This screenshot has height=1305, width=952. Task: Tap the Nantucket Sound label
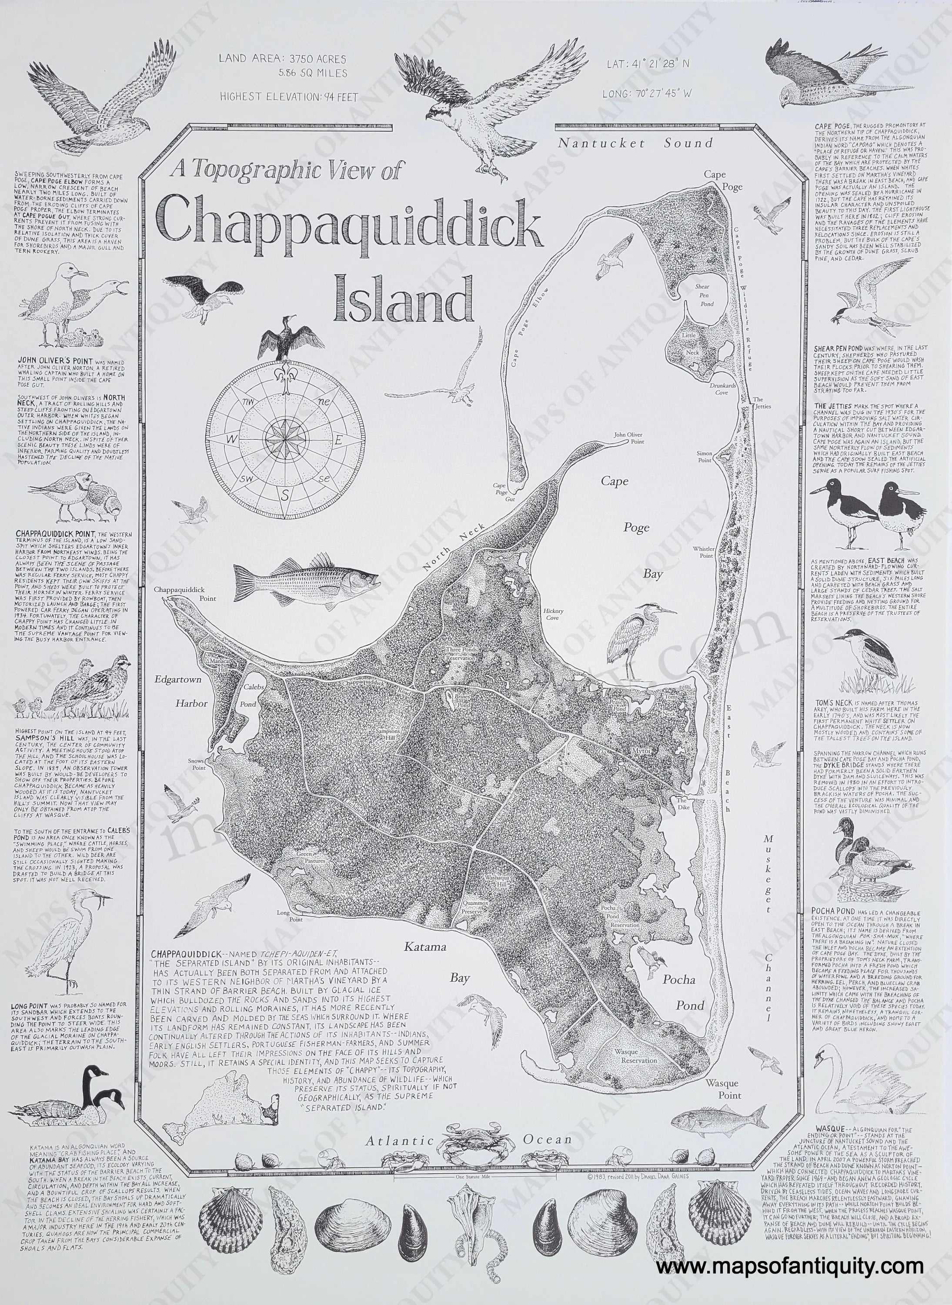pos(635,143)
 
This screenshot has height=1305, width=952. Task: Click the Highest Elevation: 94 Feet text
pos(289,97)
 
